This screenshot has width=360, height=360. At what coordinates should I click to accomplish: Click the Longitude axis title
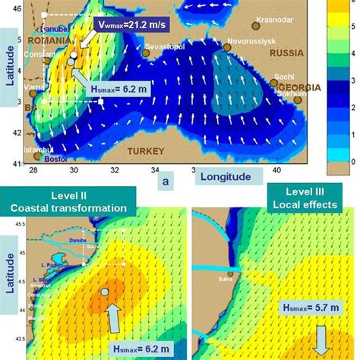226,176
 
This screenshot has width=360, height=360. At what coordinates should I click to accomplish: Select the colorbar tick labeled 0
349,161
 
